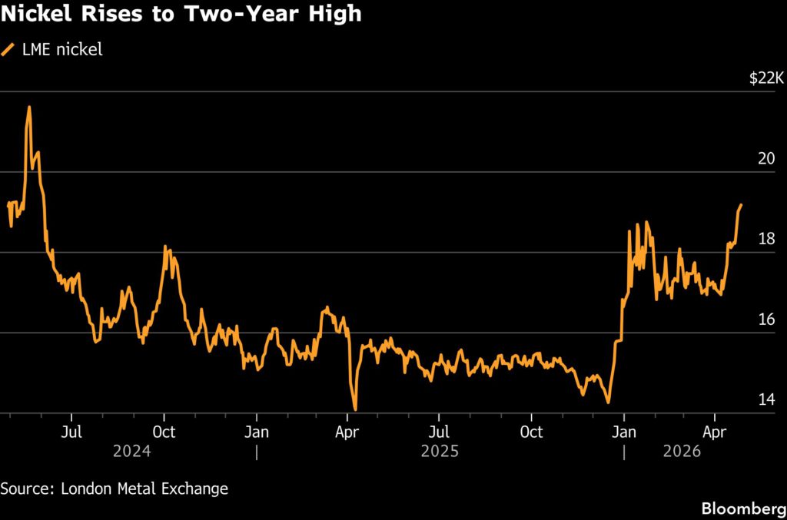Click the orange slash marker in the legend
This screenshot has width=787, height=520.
8,50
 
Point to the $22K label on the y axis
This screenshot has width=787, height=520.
766,78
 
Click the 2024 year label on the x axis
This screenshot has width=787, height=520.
132,452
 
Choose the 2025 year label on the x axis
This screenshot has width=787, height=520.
440,452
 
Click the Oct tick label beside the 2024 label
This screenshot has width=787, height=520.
164,432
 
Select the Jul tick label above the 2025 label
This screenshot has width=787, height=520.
439,432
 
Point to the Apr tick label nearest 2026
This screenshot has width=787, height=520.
716,432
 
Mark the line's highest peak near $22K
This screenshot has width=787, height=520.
29,108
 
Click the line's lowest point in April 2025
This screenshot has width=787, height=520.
355,409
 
